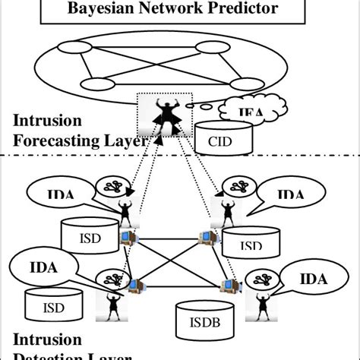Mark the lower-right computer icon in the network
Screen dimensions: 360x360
pos(227,286)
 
